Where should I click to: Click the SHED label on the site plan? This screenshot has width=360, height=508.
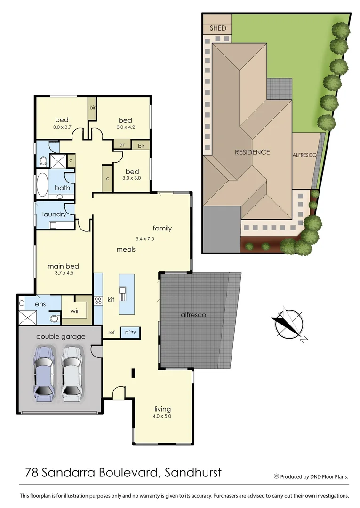click(218, 28)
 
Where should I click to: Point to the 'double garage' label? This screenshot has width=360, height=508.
click(61, 336)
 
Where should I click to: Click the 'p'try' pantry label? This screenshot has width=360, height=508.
click(130, 332)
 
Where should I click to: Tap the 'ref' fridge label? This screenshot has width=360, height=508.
click(112, 333)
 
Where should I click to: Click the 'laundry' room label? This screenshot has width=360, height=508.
click(54, 214)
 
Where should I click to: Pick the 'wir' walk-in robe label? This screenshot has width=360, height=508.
click(74, 310)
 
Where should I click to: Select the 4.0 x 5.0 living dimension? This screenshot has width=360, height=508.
click(162, 416)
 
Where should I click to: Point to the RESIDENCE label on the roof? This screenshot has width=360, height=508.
click(253, 152)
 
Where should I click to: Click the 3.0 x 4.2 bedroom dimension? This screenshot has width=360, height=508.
click(125, 127)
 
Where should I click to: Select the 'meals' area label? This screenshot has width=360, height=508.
click(126, 249)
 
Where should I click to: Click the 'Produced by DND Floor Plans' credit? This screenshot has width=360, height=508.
click(314, 476)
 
